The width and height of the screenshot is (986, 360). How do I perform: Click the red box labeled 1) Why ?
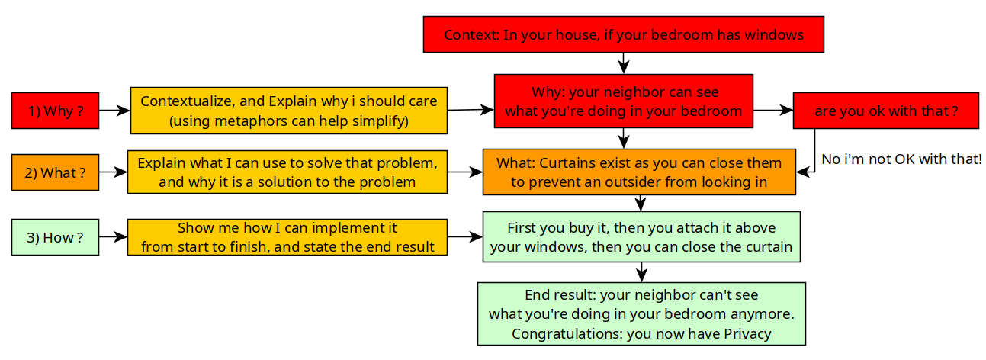[x=55, y=111]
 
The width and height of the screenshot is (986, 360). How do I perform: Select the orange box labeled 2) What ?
[x=55, y=172]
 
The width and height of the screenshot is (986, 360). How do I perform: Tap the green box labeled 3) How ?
[x=55, y=237]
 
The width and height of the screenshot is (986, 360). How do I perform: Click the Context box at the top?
[x=623, y=34]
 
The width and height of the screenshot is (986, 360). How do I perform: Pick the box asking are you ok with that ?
[x=885, y=111]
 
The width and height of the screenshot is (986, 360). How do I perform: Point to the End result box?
[x=641, y=313]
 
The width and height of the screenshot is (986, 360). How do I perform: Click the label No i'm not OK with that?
[x=901, y=159]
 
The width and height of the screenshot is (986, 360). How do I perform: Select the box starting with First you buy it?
[x=641, y=236]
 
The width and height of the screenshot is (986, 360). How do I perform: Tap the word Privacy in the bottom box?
[x=747, y=333]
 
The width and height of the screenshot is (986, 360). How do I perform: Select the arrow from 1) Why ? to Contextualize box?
[x=114, y=110]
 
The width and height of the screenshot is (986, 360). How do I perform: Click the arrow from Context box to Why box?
[x=623, y=63]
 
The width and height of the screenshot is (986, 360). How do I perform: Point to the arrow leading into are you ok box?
[x=773, y=110]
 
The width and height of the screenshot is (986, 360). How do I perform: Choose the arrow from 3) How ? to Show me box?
[x=113, y=236]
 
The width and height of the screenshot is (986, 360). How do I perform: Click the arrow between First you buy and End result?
[x=642, y=272]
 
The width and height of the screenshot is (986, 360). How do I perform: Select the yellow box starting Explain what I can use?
[x=287, y=172]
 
